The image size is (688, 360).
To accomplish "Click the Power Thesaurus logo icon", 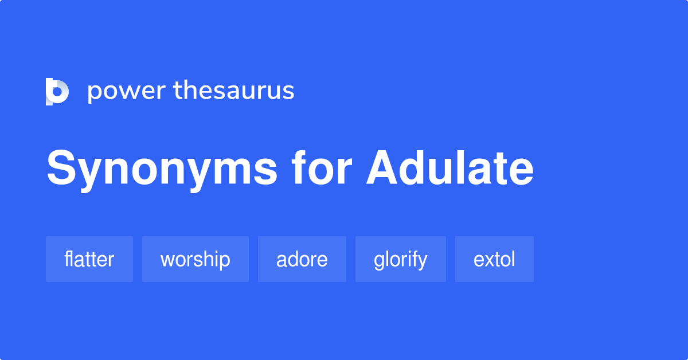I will pos(57,91).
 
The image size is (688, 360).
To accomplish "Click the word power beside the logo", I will pos(126,92).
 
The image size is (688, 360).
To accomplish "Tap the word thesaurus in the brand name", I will pos(234,91).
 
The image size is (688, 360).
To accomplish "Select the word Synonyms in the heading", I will pos(162,170).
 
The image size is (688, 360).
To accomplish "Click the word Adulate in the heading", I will pos(450,169).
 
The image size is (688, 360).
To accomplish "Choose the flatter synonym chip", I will pos(89,259).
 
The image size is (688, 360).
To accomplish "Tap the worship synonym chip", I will pos(196,259).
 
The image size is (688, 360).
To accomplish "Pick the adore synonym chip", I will pos(302,259).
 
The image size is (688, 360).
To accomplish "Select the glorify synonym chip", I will pos(401,259).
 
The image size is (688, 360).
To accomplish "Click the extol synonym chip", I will pos(494,259).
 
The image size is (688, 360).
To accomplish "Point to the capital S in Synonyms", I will pos(62,169).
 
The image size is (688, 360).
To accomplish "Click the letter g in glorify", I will pos(379,261).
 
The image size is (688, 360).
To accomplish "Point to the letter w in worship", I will pos(167,260).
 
